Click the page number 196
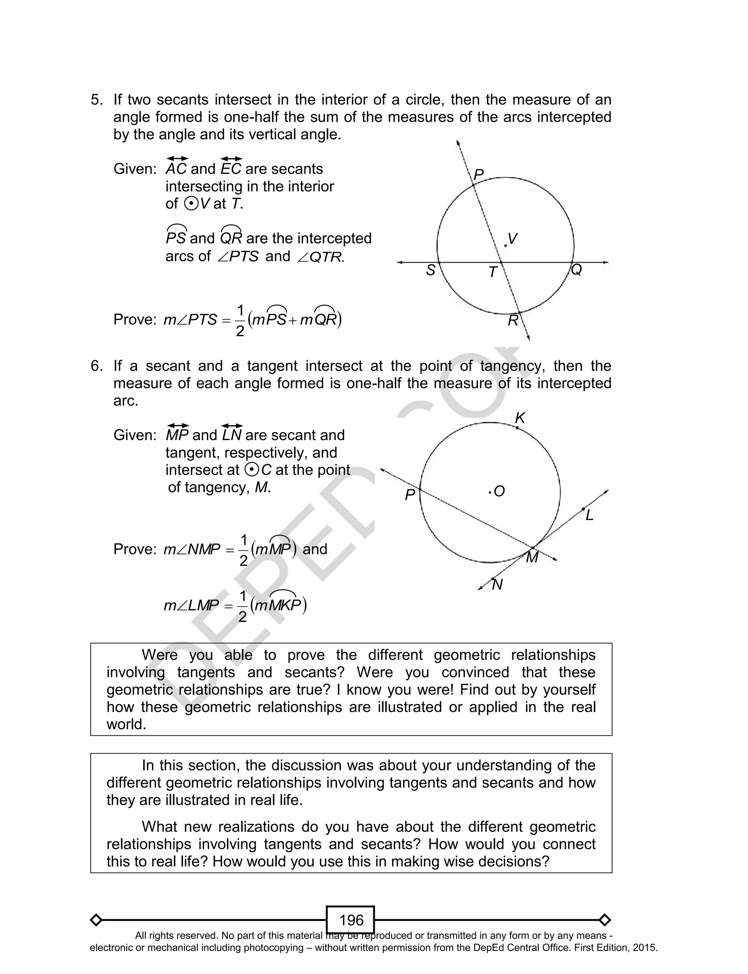351,920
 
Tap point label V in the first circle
512,239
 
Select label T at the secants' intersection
492,272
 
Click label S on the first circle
431,270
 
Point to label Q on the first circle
576,270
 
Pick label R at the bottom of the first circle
513,320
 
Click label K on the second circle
520,418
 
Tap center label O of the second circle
499,492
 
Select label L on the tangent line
589,515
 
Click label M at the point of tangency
532,557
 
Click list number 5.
97,100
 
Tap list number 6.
97,366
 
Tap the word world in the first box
126,724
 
